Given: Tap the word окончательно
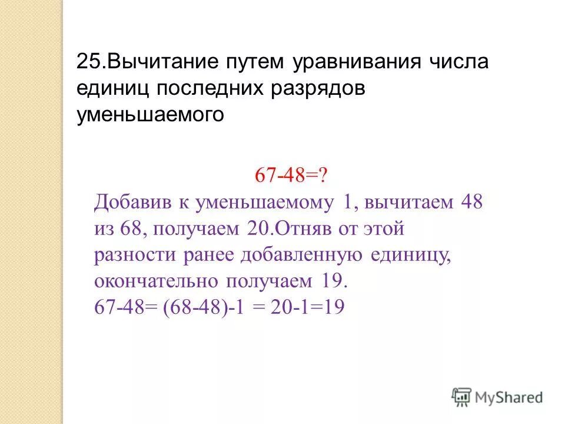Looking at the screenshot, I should point(155,280).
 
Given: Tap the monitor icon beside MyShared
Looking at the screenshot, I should point(461,396).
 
